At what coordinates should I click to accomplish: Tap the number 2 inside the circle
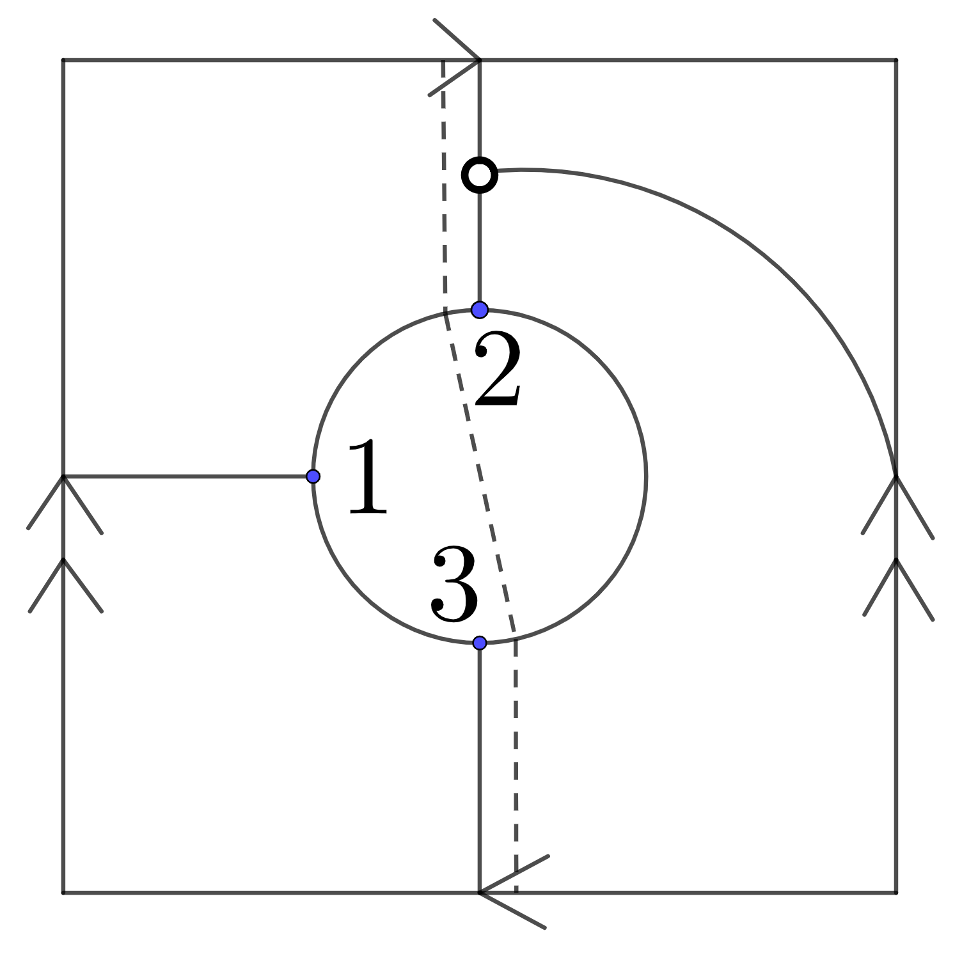click(x=498, y=372)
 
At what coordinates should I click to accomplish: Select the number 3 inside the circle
click(x=454, y=583)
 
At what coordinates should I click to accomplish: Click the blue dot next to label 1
click(x=313, y=476)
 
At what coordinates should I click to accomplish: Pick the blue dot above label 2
click(x=480, y=310)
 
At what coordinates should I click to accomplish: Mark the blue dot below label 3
click(x=480, y=643)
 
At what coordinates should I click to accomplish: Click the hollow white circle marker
click(x=480, y=175)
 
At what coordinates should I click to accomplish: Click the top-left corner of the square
click(x=63, y=60)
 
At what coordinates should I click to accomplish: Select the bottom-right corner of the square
click(x=896, y=892)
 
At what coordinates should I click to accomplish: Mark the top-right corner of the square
click(x=896, y=60)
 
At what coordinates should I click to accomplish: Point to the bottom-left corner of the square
click(x=63, y=892)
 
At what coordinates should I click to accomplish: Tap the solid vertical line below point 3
click(x=479, y=767)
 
